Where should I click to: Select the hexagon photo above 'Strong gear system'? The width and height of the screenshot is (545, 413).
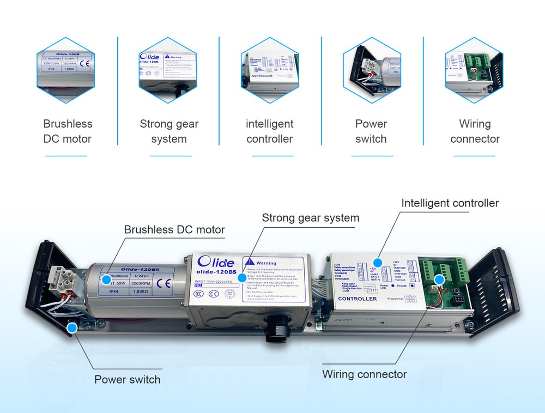(169, 70)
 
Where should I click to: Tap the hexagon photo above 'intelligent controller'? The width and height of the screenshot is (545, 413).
(270, 70)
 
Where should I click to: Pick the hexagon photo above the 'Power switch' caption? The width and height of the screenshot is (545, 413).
(371, 70)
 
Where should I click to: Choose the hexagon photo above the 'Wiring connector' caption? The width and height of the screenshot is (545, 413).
(473, 70)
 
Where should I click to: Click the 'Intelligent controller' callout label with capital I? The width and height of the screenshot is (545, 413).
(450, 203)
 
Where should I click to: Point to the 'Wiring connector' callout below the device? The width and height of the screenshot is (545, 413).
(364, 374)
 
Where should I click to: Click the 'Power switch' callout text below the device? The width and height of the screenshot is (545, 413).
(128, 380)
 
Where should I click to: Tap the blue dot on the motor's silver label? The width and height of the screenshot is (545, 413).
(106, 280)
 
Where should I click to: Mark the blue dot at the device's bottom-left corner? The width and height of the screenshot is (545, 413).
(71, 327)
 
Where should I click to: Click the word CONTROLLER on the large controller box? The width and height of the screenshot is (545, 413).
(358, 299)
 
